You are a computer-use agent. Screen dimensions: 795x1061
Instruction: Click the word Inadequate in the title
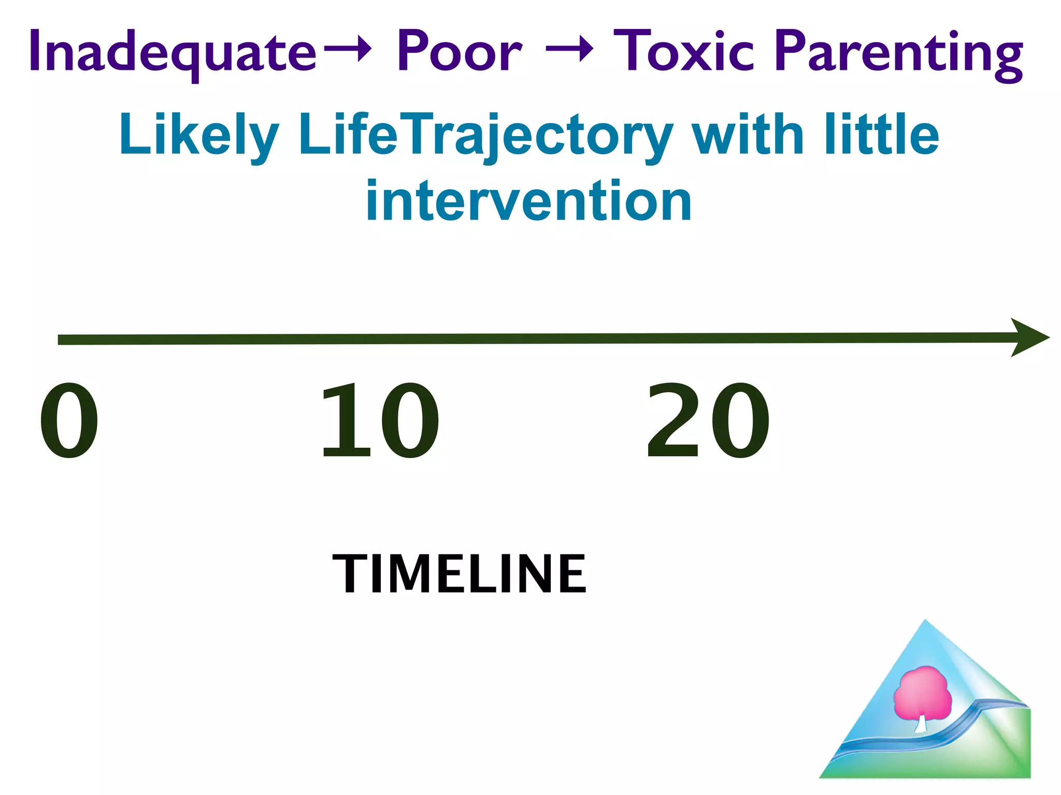tap(173, 52)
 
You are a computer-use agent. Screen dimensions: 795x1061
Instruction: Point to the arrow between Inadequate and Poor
tap(348, 49)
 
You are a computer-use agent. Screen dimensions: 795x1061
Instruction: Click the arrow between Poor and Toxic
tap(569, 49)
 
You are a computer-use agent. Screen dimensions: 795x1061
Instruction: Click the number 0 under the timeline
tap(69, 420)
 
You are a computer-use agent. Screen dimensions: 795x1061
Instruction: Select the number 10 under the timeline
tap(380, 420)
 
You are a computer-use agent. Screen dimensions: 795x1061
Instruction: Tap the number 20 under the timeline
tap(708, 420)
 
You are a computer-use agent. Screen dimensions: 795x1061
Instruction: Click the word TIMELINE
tap(459, 574)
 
